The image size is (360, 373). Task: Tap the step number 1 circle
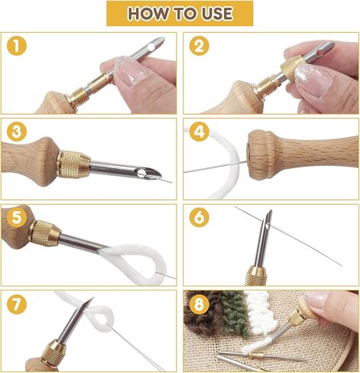tap(17, 46)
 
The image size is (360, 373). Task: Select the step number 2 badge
tap(199, 46)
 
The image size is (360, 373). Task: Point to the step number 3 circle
tap(17, 131)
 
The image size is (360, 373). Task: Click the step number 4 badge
tap(199, 131)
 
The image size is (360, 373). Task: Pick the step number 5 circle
tap(17, 218)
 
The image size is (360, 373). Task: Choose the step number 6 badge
tap(199, 218)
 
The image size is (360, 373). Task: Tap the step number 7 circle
tap(17, 303)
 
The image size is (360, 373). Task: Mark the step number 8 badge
tap(199, 303)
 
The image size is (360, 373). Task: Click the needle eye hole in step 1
tap(151, 47)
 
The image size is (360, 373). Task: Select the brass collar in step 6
tap(256, 276)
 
